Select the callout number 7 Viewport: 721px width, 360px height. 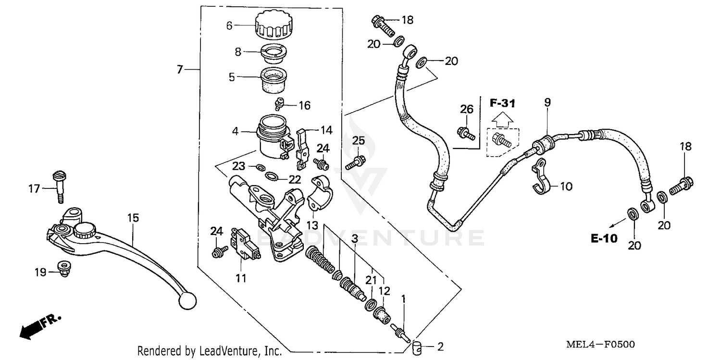[180, 70]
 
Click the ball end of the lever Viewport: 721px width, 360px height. [187, 301]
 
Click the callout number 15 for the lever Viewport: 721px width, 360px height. [133, 218]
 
